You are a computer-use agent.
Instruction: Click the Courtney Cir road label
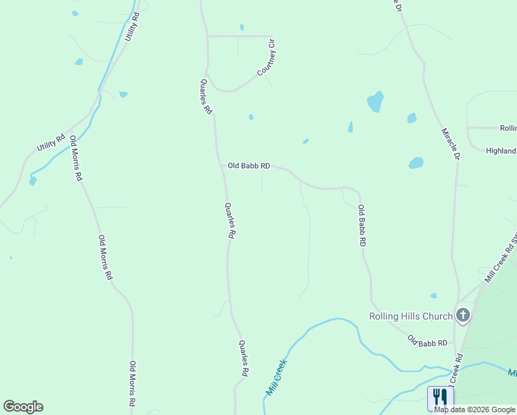point(267,58)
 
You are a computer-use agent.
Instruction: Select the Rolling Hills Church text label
point(411,317)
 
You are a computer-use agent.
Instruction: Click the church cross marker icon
point(463,316)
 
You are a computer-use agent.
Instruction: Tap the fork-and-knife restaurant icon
point(440,397)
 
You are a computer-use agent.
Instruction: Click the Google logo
point(23,407)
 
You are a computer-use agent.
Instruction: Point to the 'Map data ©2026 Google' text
point(475,409)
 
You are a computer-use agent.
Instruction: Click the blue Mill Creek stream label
point(276,377)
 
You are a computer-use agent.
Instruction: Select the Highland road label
point(501,151)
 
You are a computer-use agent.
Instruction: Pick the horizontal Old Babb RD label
point(249,167)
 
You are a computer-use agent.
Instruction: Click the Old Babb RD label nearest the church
point(427,341)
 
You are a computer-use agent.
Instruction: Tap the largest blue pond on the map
point(375,102)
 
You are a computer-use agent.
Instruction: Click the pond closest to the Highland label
point(415,163)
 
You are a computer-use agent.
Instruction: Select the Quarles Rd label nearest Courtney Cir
point(206,96)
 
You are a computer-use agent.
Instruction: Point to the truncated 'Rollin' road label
point(508,128)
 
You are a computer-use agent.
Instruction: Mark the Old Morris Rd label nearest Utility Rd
point(76,158)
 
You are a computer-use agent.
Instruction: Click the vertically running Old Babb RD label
point(361,226)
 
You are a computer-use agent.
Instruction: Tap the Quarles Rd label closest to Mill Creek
point(243,358)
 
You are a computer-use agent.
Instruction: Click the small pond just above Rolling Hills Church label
point(433,296)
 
